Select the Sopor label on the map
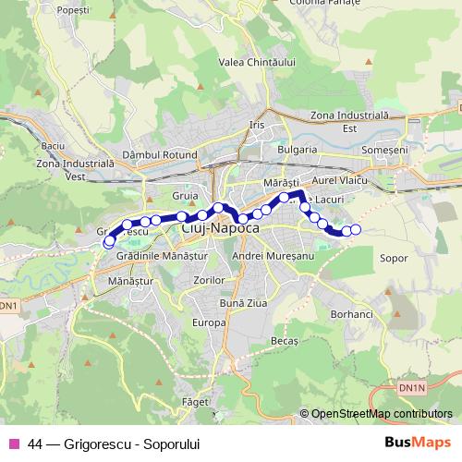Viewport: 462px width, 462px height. click(x=394, y=259)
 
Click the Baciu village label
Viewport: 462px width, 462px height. click(x=53, y=146)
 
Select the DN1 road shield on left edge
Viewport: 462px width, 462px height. click(x=7, y=304)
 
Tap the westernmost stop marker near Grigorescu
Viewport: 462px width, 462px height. click(x=109, y=242)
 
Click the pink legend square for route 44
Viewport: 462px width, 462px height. click(x=13, y=444)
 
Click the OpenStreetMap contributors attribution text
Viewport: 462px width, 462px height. click(x=381, y=415)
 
